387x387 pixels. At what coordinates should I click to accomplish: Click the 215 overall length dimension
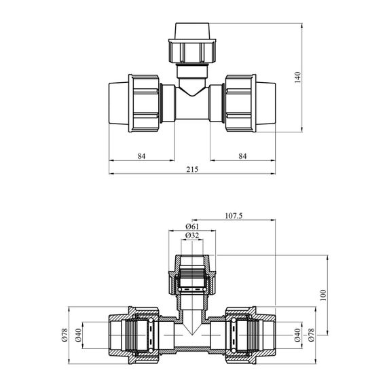pos(192,170)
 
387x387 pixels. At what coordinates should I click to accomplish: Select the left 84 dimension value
pos(142,156)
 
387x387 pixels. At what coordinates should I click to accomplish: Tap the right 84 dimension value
pos(242,156)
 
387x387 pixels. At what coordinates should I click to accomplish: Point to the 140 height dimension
pos(298,77)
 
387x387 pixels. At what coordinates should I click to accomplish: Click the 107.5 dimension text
pos(234,216)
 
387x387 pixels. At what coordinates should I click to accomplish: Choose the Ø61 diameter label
pos(192,226)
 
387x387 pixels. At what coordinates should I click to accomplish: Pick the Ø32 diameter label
pos(192,236)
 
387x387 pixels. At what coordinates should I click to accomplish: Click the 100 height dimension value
pos(323,295)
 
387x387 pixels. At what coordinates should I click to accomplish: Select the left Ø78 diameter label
pos(64,335)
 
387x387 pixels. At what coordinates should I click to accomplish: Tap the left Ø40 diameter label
pos(78,335)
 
